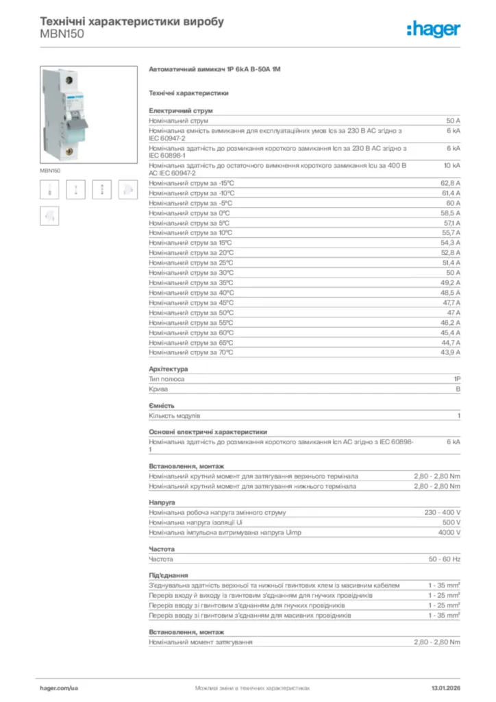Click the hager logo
coord(433,29)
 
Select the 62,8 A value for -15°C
coord(450,183)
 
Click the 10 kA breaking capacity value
coord(452,166)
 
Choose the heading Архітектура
coord(168,369)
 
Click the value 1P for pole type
coord(457,378)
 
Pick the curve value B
coord(458,389)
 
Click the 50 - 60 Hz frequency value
coord(445,559)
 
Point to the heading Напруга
coord(162,503)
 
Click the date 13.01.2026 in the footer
coord(445,687)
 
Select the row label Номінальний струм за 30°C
coord(191,273)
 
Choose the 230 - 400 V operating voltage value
coord(443,512)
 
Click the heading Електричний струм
coord(181,110)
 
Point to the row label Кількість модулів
coord(175,415)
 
